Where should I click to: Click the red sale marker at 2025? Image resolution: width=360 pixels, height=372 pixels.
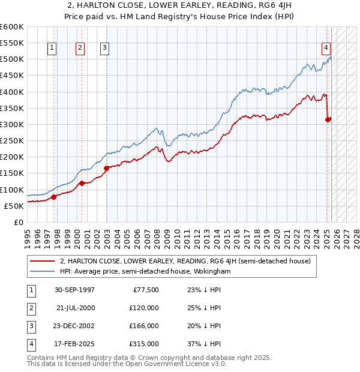(x=328, y=119)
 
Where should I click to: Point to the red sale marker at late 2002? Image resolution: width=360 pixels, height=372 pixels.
(x=106, y=168)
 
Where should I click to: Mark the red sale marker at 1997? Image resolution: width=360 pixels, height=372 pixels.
(x=53, y=197)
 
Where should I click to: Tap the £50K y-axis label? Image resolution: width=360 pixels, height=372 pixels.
(x=14, y=206)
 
